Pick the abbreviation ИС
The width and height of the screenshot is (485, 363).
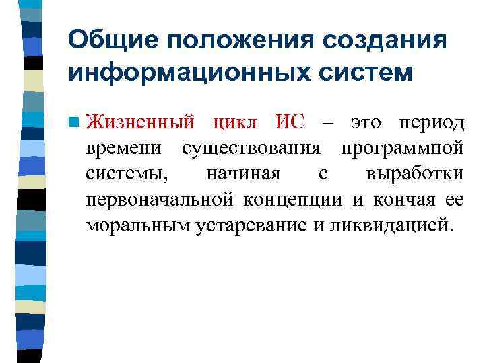click(x=290, y=123)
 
